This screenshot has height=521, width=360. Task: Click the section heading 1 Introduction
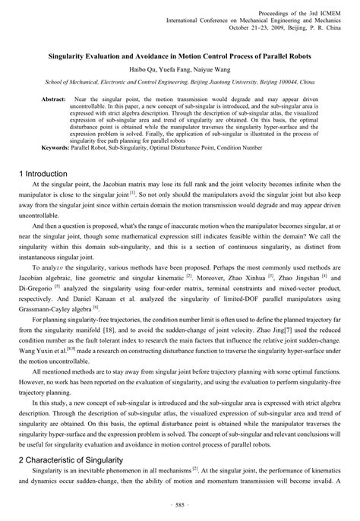(47, 174)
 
